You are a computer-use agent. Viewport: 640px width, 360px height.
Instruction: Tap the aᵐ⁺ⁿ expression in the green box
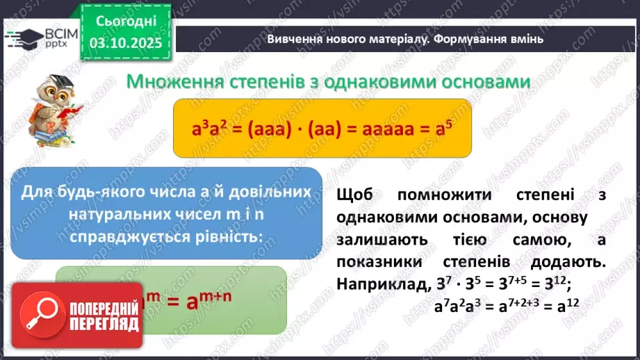[x=222, y=301]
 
